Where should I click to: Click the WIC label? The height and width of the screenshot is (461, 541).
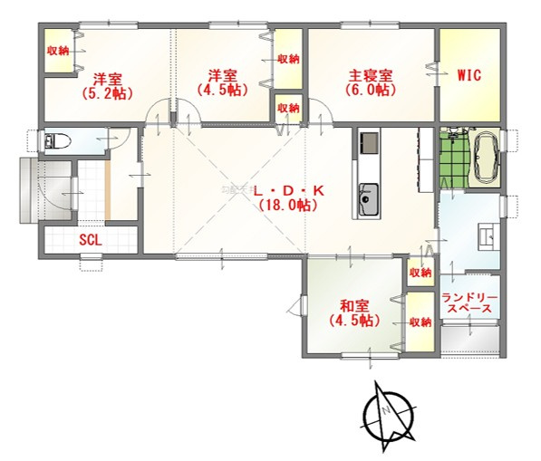[469, 75]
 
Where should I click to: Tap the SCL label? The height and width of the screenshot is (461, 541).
[91, 240]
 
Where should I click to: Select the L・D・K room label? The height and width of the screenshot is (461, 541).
[289, 191]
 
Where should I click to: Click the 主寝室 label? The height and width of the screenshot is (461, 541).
[371, 75]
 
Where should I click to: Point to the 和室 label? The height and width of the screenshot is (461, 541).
[354, 306]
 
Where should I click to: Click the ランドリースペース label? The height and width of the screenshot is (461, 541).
[469, 303]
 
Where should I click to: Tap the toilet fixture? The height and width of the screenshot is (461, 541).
[58, 140]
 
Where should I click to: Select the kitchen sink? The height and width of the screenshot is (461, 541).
[368, 199]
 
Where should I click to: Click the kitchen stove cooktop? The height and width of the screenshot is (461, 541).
[369, 143]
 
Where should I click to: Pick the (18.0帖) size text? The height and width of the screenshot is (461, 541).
[288, 206]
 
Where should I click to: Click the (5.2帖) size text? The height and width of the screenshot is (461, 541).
[107, 93]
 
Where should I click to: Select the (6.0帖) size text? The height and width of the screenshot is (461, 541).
[371, 90]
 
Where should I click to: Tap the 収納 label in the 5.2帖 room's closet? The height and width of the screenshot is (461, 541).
[58, 51]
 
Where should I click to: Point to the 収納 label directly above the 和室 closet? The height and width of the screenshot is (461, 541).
[420, 273]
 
